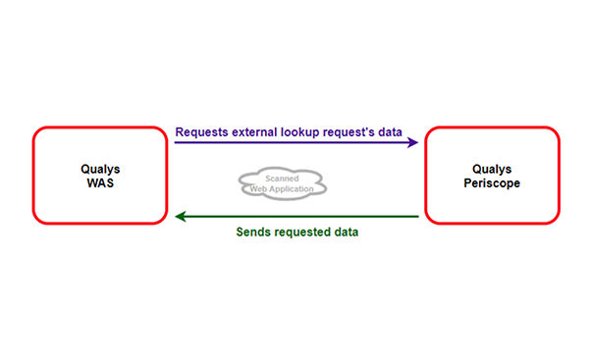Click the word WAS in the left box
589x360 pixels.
click(99, 181)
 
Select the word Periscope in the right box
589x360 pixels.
click(491, 181)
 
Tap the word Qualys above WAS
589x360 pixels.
click(99, 168)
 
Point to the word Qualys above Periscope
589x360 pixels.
click(491, 168)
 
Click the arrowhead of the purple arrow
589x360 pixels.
click(412, 143)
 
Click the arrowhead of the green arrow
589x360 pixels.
click(180, 217)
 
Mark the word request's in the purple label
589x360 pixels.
click(361, 130)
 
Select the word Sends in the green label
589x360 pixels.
click(254, 232)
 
